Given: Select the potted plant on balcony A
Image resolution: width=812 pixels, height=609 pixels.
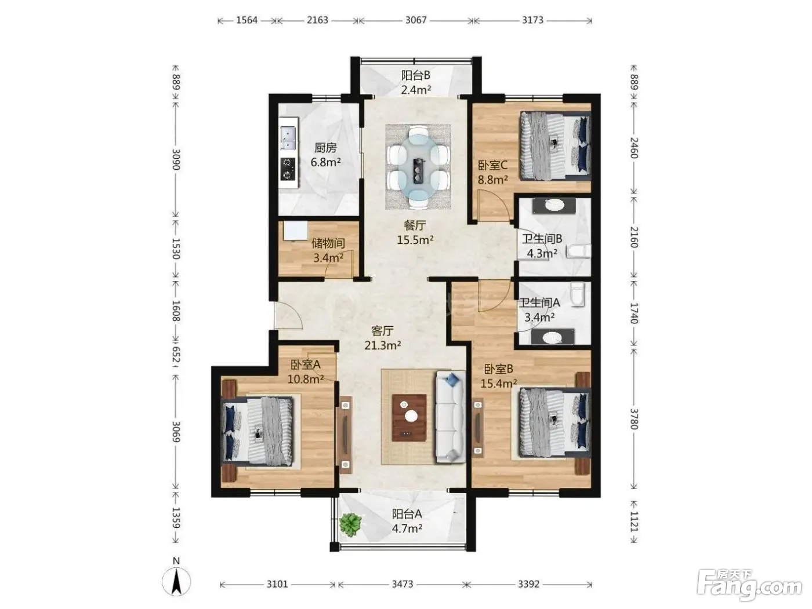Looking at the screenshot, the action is click(x=350, y=524).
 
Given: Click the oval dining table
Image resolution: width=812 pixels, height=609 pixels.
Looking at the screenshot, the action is click(x=418, y=167).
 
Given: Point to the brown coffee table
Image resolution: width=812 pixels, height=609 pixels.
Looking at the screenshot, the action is click(x=409, y=418).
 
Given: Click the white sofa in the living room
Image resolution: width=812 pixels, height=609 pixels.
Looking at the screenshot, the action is click(x=450, y=417).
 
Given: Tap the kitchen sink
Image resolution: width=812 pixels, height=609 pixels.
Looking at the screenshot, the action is click(x=288, y=138).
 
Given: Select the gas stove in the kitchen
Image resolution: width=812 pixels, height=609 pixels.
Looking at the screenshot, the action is click(x=288, y=169).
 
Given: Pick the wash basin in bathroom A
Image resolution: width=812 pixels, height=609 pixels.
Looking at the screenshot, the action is click(x=553, y=337).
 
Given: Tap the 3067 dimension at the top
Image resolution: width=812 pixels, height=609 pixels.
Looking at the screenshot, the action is click(x=416, y=20).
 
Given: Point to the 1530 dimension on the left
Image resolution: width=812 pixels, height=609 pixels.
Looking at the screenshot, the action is click(x=176, y=249).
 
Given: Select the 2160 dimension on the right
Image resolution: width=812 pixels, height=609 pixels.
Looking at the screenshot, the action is click(x=634, y=237).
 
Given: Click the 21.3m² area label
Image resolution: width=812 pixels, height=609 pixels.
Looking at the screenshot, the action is click(x=382, y=345).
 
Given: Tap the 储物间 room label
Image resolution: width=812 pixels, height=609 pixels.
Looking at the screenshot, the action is click(x=328, y=243).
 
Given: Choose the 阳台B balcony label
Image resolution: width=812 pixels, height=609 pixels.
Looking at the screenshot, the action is click(x=416, y=75).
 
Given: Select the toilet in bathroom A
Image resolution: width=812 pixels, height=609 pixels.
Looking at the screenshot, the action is click(x=577, y=294).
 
